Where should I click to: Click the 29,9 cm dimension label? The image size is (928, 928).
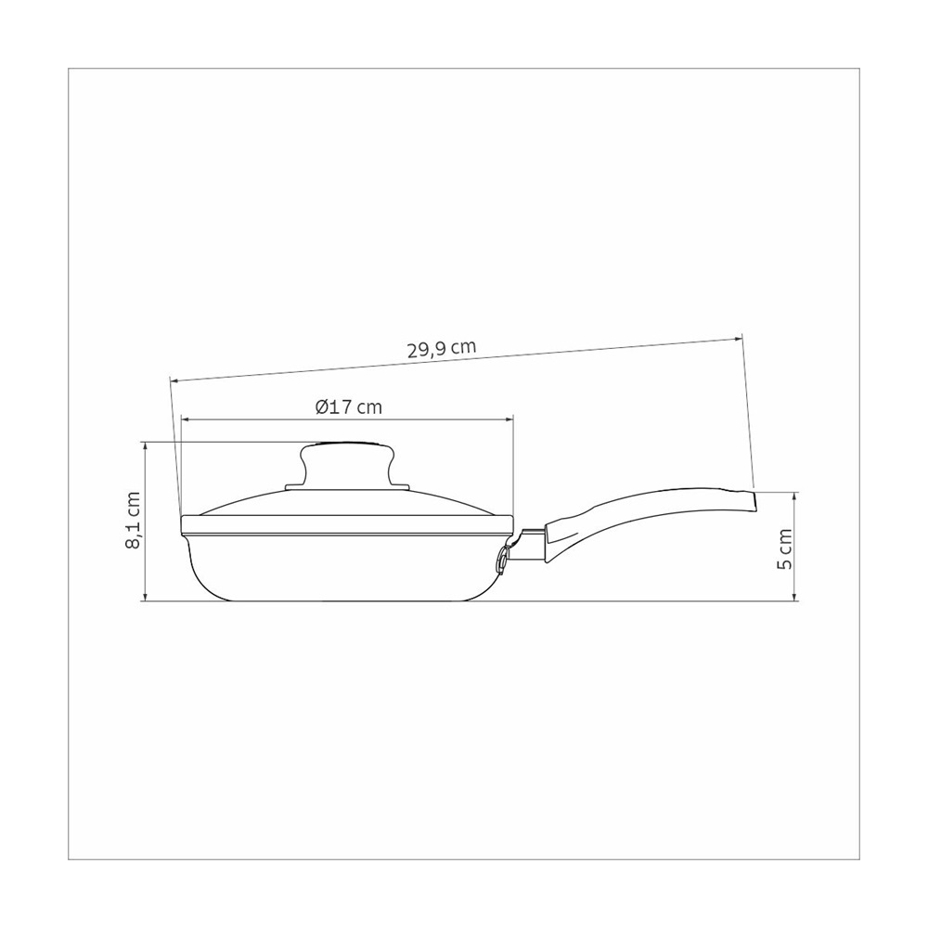point(442,349)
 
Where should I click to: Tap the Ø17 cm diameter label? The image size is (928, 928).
point(349,407)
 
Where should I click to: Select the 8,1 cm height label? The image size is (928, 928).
point(133,521)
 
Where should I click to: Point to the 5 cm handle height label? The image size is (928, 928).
point(784,548)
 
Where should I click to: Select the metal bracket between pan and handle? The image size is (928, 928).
point(528,545)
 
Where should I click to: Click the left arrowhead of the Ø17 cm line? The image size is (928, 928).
point(185,419)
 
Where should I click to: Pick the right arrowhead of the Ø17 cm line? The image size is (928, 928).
point(509,419)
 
